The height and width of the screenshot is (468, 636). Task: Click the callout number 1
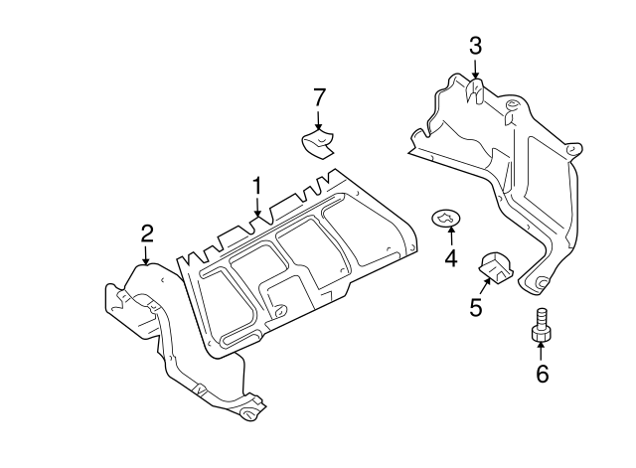(x=256, y=186)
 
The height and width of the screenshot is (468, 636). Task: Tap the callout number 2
(x=146, y=234)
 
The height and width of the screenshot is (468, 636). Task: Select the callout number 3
(x=475, y=45)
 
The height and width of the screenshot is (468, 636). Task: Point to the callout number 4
(x=451, y=259)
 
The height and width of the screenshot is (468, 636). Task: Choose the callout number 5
(x=476, y=308)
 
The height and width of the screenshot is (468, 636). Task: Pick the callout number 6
(x=542, y=374)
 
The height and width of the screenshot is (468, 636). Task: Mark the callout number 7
(x=319, y=96)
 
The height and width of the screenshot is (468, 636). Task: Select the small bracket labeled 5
(x=495, y=266)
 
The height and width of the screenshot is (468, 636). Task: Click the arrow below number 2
(x=146, y=254)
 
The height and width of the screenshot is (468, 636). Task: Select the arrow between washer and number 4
(x=451, y=236)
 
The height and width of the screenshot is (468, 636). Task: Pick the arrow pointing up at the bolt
(x=542, y=350)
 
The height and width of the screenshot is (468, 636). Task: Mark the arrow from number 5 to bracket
(x=484, y=290)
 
